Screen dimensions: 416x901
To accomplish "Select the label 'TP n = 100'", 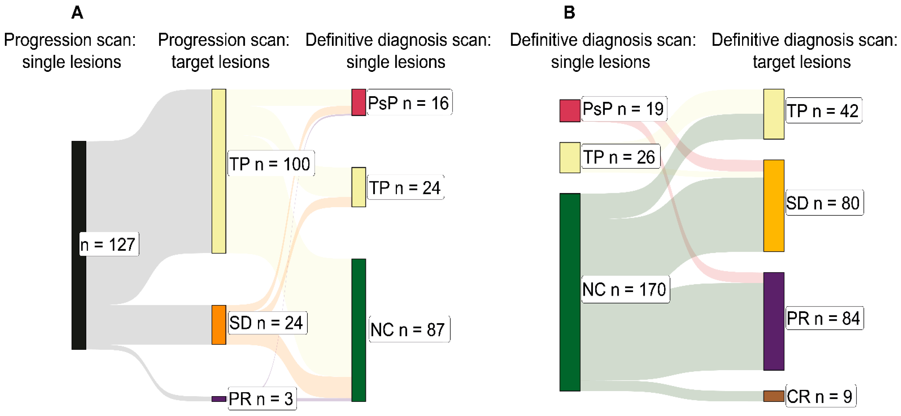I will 270,164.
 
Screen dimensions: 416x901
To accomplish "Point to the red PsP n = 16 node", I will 359,102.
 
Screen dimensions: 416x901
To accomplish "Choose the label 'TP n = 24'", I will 405,188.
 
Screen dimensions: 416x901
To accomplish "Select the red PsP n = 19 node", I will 569,111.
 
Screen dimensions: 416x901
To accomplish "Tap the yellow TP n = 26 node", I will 569,158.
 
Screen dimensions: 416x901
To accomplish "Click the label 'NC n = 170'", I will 625,289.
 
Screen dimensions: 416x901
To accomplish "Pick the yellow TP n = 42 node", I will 773,114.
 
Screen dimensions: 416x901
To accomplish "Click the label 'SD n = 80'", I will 824,203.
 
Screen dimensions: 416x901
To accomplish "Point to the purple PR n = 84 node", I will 773,321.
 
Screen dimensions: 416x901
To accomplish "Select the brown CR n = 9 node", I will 773,396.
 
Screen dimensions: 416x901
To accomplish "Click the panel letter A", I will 77,13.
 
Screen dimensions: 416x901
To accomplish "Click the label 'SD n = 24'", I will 267,323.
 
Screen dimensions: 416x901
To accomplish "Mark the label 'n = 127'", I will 109,244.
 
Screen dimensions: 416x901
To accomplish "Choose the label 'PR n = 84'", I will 824,318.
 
